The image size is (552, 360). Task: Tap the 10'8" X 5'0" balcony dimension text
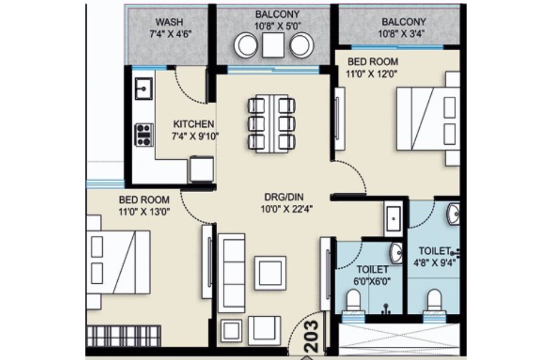pos(272,24)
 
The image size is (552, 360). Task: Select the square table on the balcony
pos(273,45)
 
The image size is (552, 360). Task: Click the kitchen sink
pos(143,88)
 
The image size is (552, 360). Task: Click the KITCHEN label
pos(194,124)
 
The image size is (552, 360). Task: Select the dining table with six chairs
pos(271,123)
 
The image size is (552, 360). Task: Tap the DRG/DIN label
pos(278,197)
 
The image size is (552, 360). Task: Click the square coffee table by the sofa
pos(271,272)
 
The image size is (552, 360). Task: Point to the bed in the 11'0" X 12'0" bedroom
pos(428,119)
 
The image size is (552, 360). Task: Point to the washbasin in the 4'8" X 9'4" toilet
pos(453,214)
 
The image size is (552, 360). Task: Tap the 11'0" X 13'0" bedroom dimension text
pos(144,211)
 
